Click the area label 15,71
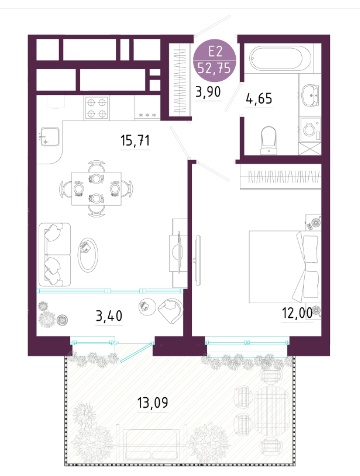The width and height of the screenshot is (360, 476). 135,141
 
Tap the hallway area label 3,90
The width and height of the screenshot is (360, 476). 208,91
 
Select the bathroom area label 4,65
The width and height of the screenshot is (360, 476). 259,99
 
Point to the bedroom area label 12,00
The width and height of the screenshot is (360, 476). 297,313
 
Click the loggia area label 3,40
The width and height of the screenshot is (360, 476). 109,315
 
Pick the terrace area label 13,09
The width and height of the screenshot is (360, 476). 153,403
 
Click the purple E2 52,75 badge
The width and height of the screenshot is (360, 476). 215,61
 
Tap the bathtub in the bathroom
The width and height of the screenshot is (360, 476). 280,59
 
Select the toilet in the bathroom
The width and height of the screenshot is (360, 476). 268,140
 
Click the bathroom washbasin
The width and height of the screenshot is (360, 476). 310,95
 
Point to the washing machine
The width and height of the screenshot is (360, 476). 310,130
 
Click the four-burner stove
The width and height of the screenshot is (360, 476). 97,108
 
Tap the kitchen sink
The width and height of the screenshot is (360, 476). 50,137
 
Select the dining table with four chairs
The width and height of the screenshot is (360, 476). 96,189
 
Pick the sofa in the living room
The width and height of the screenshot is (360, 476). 55,255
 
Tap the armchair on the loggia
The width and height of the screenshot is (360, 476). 170,310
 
